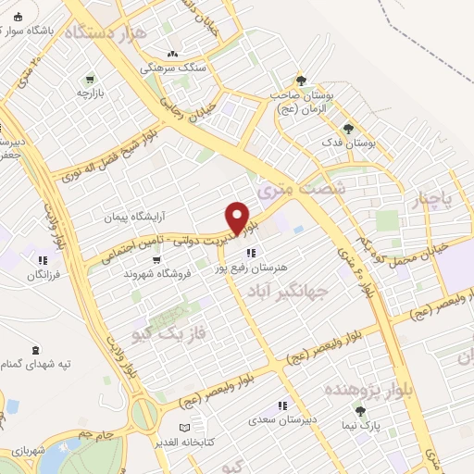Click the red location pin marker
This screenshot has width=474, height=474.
[x=238, y=217]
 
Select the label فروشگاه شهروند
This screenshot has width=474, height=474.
[x=163, y=273]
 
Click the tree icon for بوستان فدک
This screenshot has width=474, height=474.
[x=348, y=129]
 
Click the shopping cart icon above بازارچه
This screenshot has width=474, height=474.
[x=89, y=80]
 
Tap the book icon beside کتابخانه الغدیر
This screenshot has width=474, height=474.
[x=184, y=427]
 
